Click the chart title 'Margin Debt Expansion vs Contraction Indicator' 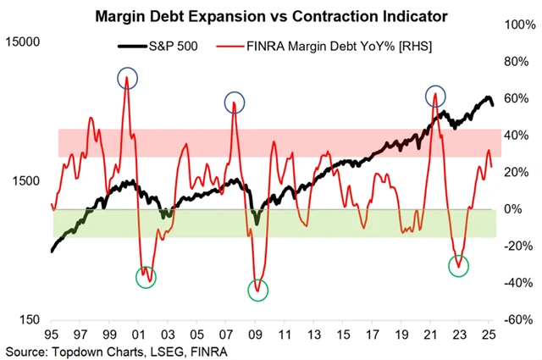(x=271, y=16)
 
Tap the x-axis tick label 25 (x=487, y=335)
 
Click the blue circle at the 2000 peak (x=127, y=79)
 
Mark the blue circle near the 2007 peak (x=234, y=102)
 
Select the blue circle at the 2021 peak (x=435, y=96)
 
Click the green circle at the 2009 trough (x=258, y=291)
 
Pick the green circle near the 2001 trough (x=146, y=277)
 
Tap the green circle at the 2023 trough (x=458, y=265)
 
